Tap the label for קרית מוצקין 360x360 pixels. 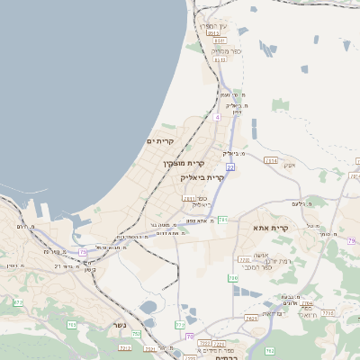tap(184, 164)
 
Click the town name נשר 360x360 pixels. tap(119, 325)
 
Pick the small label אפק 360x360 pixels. tap(289, 165)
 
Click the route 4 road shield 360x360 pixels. tap(217, 116)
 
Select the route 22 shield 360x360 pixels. tap(230, 167)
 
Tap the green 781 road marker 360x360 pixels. tap(221, 219)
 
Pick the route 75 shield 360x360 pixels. tap(84, 253)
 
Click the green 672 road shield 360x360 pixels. tap(18, 302)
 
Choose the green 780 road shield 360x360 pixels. tap(232, 278)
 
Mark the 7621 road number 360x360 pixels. tap(250, 318)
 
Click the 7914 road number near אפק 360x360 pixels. tap(271, 160)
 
